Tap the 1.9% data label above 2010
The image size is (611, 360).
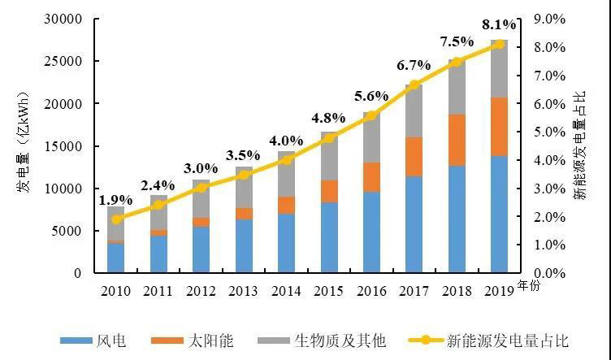[x=116, y=199]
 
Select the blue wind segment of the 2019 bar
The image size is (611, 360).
[x=499, y=215]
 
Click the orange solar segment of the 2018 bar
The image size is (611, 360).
[x=457, y=140]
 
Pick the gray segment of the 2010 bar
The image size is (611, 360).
[x=116, y=223]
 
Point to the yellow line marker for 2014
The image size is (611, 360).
[x=286, y=160]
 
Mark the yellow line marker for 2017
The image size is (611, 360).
[x=414, y=85]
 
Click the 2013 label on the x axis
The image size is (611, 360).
[x=244, y=289]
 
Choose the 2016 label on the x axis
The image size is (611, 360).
[x=371, y=289]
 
